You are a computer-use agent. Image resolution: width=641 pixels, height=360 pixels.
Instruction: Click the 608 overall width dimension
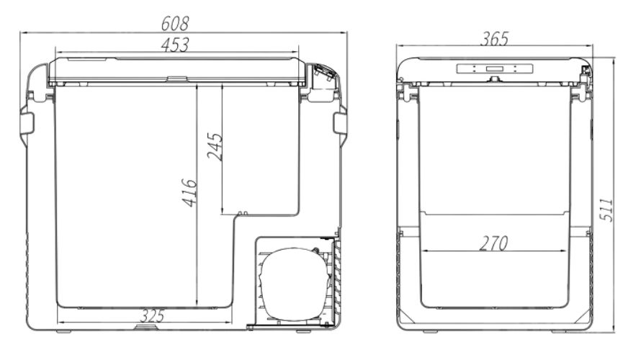(x=175, y=23)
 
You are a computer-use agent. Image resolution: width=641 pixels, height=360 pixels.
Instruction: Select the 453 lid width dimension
(x=175, y=45)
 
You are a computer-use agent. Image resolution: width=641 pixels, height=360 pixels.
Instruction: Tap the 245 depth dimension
(x=215, y=146)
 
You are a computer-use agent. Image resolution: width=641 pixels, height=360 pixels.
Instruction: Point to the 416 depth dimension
(x=189, y=192)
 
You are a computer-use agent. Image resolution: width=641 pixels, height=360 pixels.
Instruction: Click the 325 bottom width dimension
(x=152, y=316)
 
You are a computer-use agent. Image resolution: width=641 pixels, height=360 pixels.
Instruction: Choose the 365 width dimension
(x=494, y=39)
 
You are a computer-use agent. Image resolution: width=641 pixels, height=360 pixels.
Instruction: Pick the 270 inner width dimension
(x=493, y=243)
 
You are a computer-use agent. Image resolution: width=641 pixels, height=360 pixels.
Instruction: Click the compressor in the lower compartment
(x=295, y=284)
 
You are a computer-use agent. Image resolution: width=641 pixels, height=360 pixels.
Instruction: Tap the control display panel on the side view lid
(x=495, y=68)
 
